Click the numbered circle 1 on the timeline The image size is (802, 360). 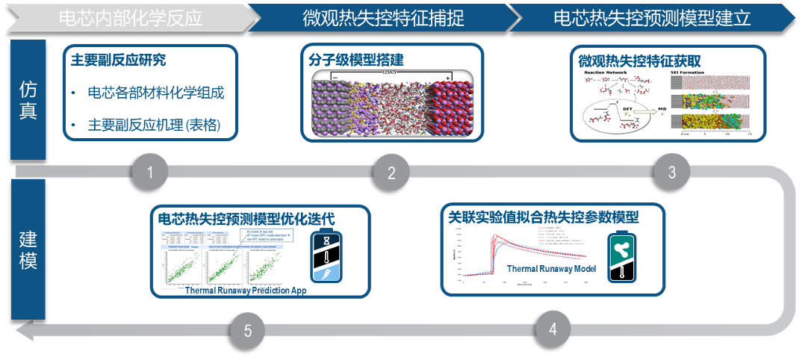coord(150,173)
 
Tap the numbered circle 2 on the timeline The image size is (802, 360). coord(391,173)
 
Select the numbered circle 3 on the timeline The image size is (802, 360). coord(671,173)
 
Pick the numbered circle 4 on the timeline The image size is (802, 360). coord(553,329)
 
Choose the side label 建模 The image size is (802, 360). coord(28,250)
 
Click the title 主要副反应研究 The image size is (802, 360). coord(118,60)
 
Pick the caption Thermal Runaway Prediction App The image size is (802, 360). coord(246,291)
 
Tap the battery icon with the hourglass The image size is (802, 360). coord(326,255)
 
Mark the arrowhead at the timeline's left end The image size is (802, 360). coord(23,329)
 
